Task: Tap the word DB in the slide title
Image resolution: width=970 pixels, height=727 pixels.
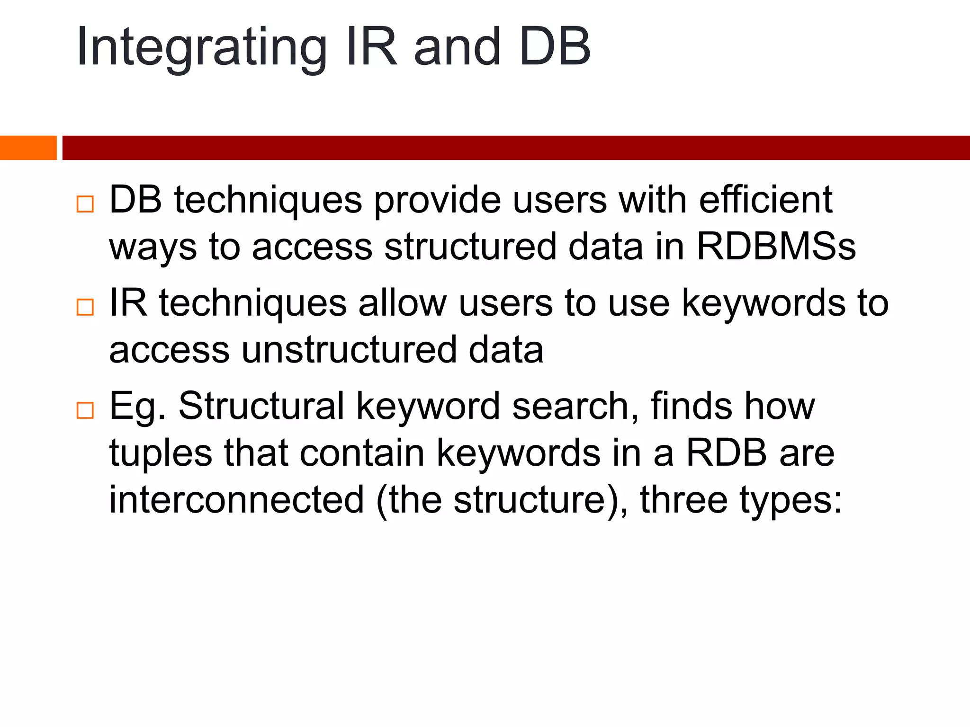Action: point(555,47)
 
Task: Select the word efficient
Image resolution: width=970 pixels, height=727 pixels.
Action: point(765,200)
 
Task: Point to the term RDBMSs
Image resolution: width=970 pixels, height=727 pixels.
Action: point(776,247)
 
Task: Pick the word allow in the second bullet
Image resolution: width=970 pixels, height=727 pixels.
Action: point(403,303)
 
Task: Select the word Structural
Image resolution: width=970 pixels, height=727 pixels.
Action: point(261,406)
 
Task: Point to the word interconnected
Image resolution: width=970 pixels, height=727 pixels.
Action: point(236,500)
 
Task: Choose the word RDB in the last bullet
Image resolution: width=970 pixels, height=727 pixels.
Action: point(727,453)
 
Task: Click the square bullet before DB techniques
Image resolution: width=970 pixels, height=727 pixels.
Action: point(85,204)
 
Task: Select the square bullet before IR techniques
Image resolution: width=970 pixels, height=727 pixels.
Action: point(85,307)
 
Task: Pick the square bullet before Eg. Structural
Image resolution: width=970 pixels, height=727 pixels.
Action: point(85,410)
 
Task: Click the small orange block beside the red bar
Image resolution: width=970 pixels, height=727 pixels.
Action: point(28,148)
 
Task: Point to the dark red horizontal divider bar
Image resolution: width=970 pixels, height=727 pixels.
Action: point(516,148)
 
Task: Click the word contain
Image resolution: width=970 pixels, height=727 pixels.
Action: point(362,453)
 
